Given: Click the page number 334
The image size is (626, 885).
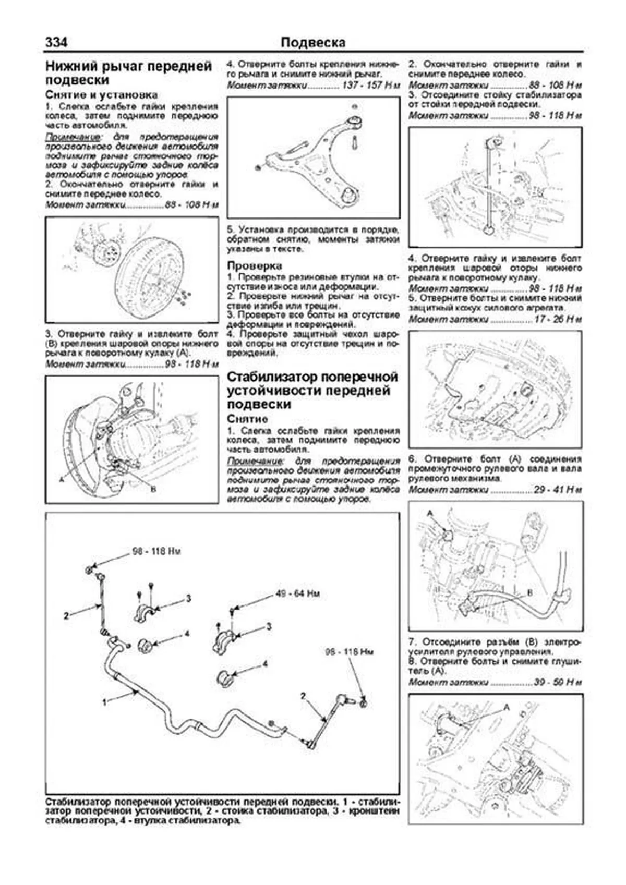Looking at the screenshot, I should point(56,42).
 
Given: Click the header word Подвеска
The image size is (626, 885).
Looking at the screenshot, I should point(312,42).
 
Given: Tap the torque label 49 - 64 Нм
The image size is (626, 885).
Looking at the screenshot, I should point(298,593).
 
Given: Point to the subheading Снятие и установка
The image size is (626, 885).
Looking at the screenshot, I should point(101,95).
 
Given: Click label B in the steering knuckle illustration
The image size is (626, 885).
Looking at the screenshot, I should point(153,489).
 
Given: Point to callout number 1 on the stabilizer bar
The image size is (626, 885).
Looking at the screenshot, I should point(104,702).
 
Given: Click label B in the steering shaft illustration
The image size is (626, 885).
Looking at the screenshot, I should point(530,592).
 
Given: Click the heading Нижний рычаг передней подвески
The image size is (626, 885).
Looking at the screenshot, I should point(129,73).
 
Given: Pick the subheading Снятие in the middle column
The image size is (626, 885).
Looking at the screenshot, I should point(247,419).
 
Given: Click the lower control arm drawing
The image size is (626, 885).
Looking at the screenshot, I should point(313,156).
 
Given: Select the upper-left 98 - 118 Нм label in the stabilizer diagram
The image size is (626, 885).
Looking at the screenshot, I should point(156,551).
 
